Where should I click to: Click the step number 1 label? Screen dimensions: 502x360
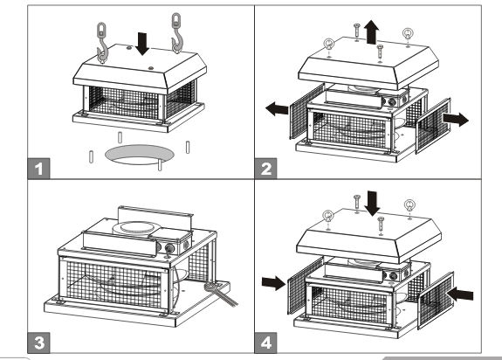pyautogui.click(x=38, y=169)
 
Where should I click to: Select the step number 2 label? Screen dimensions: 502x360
pyautogui.click(x=265, y=169)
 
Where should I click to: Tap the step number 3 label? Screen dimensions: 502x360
pyautogui.click(x=38, y=343)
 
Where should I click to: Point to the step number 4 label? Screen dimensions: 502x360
pyautogui.click(x=265, y=343)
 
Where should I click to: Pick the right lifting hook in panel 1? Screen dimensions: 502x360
pyautogui.click(x=176, y=32)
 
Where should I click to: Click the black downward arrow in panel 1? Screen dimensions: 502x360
pyautogui.click(x=142, y=44)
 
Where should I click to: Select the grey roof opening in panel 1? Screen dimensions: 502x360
pyautogui.click(x=140, y=151)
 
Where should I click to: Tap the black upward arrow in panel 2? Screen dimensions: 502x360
pyautogui.click(x=371, y=31)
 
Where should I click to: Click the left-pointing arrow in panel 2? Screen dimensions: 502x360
pyautogui.click(x=278, y=109)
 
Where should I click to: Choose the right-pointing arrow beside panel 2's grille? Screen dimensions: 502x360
pyautogui.click(x=456, y=119)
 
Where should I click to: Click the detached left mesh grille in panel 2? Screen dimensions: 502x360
pyautogui.click(x=306, y=112)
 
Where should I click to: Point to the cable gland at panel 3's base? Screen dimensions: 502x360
pyautogui.click(x=211, y=287)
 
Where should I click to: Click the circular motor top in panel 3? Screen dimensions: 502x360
pyautogui.click(x=136, y=229)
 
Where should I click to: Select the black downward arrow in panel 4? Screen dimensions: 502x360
pyautogui.click(x=372, y=203)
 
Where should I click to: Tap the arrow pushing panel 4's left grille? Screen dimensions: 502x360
pyautogui.click(x=274, y=282)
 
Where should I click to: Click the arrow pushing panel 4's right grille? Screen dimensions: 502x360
pyautogui.click(x=460, y=294)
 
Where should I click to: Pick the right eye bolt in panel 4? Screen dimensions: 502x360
pyautogui.click(x=409, y=207)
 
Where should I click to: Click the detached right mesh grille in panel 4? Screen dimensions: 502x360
pyautogui.click(x=436, y=301)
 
